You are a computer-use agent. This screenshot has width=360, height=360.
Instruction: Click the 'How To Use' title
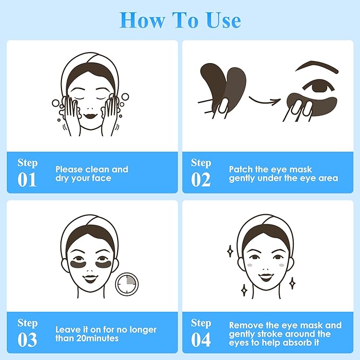[180, 20]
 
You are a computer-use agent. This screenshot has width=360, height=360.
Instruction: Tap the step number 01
[27, 179]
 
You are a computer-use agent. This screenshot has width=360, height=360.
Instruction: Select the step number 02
[201, 179]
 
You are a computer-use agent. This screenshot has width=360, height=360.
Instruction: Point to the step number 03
[27, 339]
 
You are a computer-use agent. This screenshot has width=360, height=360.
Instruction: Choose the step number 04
[201, 339]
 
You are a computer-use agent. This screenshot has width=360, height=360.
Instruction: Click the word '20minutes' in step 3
[98, 338]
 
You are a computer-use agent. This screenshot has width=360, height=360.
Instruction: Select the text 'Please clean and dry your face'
[92, 174]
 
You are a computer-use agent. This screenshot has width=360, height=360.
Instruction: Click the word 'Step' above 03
[28, 322]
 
